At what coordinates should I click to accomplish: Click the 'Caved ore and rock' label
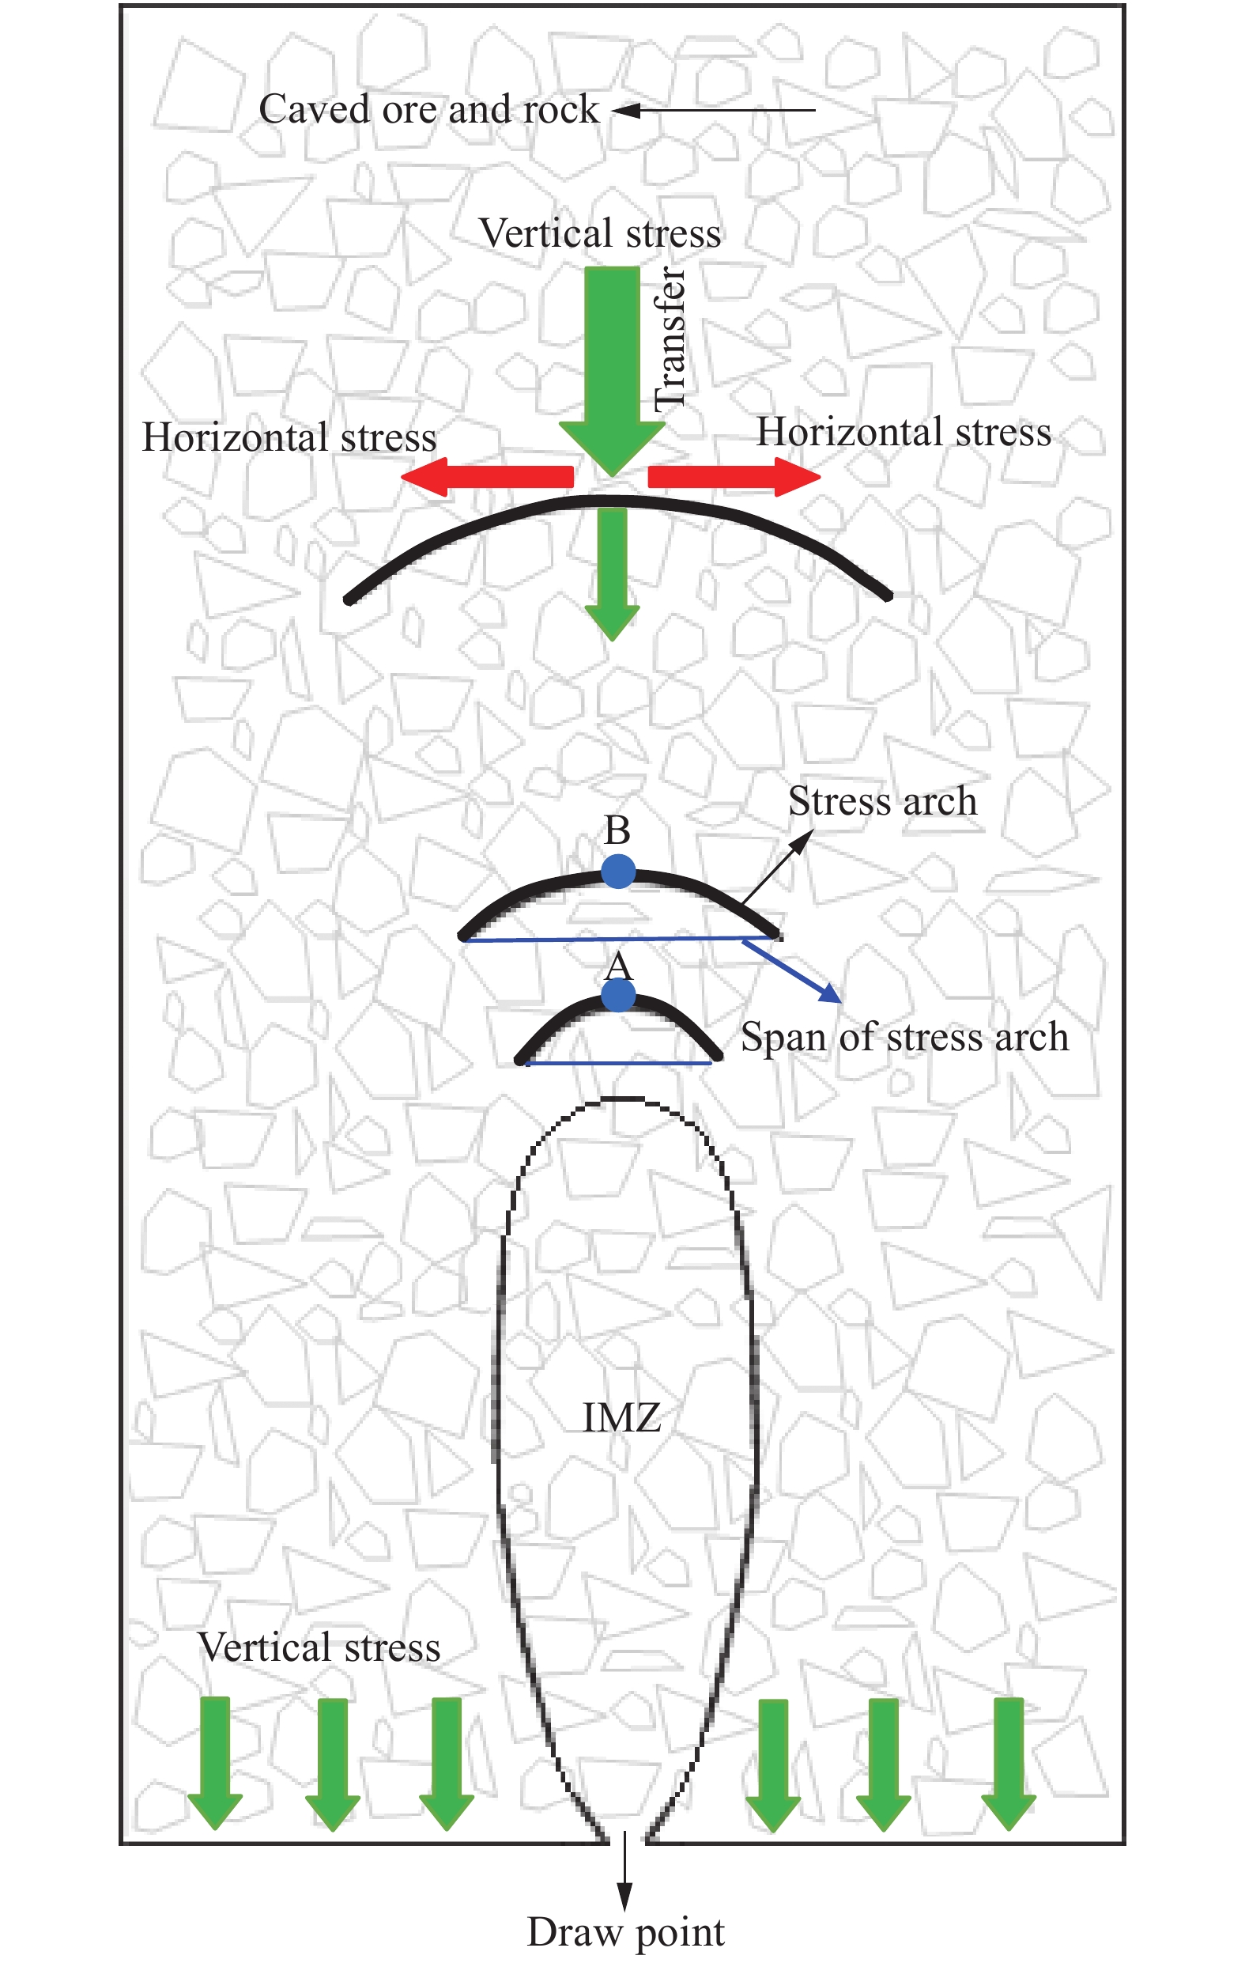(x=428, y=109)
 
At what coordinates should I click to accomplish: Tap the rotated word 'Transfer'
(x=670, y=338)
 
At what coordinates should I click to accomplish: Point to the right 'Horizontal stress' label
(x=904, y=432)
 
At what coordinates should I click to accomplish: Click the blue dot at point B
(x=618, y=872)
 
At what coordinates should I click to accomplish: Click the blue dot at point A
(x=618, y=996)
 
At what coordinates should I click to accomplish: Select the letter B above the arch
(x=617, y=830)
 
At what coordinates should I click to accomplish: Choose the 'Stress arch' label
(x=882, y=801)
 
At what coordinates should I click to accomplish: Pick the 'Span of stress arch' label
(x=904, y=1038)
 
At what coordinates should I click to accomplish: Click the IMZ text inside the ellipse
(x=621, y=1417)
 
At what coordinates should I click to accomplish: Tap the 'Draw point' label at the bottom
(x=626, y=1933)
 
